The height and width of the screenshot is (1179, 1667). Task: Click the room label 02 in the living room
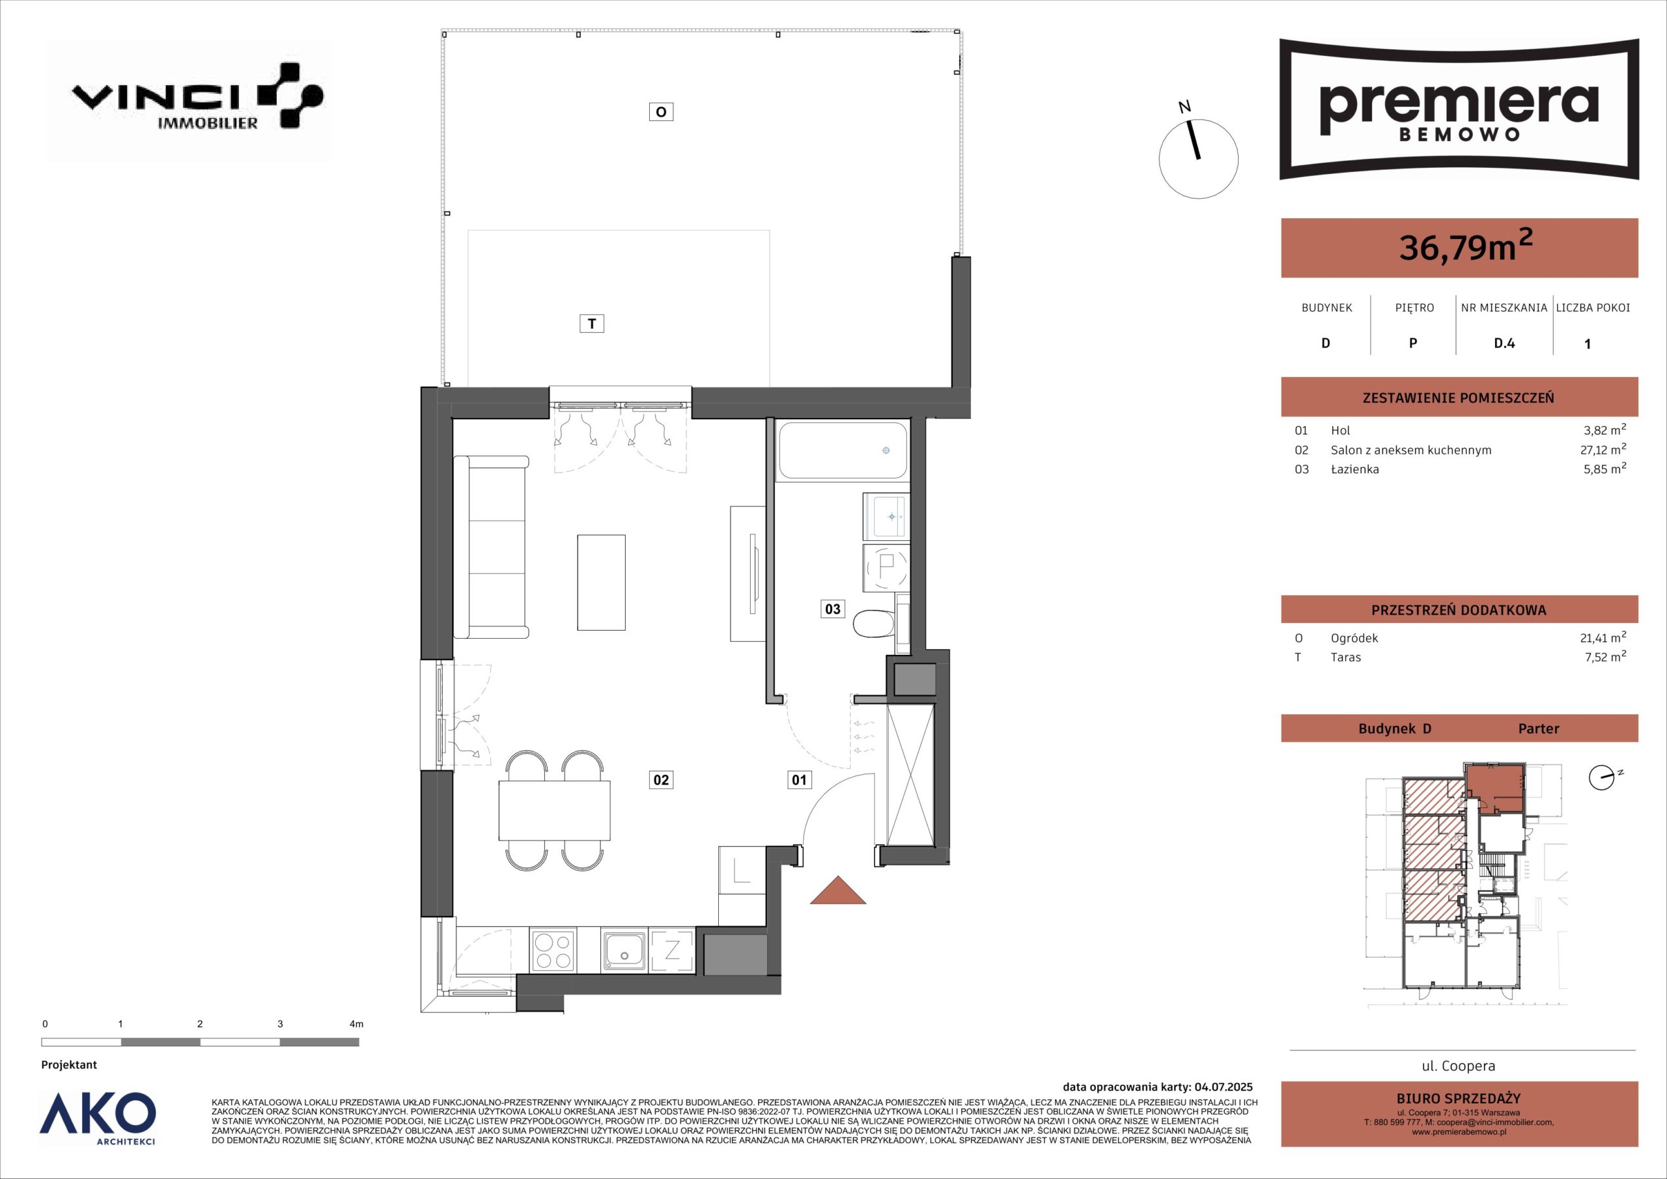click(x=661, y=781)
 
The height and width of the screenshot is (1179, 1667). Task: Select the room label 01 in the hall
click(x=800, y=781)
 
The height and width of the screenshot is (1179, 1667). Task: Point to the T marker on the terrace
click(x=592, y=324)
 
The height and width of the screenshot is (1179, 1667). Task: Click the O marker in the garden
click(x=661, y=112)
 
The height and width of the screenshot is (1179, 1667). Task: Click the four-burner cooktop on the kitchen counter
click(x=553, y=951)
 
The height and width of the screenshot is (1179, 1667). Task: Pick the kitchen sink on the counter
click(x=624, y=951)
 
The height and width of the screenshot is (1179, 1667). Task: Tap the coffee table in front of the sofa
click(x=601, y=582)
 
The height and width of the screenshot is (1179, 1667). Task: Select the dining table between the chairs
click(x=555, y=811)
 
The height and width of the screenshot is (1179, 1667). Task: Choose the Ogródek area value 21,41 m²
click(x=1603, y=638)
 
